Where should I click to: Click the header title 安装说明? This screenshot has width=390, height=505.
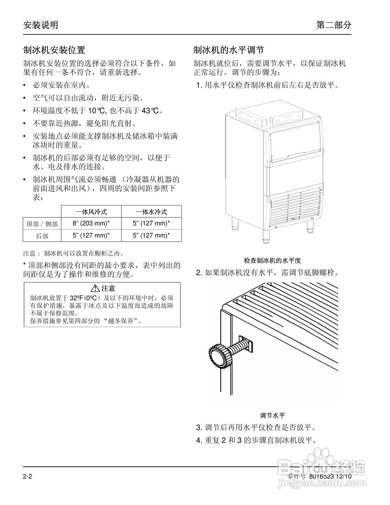tap(41, 25)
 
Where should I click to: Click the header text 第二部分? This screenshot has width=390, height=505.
tap(334, 25)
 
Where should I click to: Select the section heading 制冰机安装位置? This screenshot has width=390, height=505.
tap(54, 50)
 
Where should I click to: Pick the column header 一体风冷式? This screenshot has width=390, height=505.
tap(91, 212)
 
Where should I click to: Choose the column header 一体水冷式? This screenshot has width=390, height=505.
tap(151, 212)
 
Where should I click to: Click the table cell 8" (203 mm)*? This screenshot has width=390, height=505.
tap(91, 224)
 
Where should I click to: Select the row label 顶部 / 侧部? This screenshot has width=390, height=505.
tap(42, 224)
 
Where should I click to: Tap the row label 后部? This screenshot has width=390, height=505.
tap(42, 236)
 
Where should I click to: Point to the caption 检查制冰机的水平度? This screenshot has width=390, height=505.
tap(272, 260)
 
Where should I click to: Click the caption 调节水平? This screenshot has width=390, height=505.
tap(272, 415)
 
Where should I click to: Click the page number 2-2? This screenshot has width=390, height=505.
tap(27, 476)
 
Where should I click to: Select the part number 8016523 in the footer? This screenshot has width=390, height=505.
tap(321, 476)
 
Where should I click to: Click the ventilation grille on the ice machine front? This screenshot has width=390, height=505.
tap(295, 207)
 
